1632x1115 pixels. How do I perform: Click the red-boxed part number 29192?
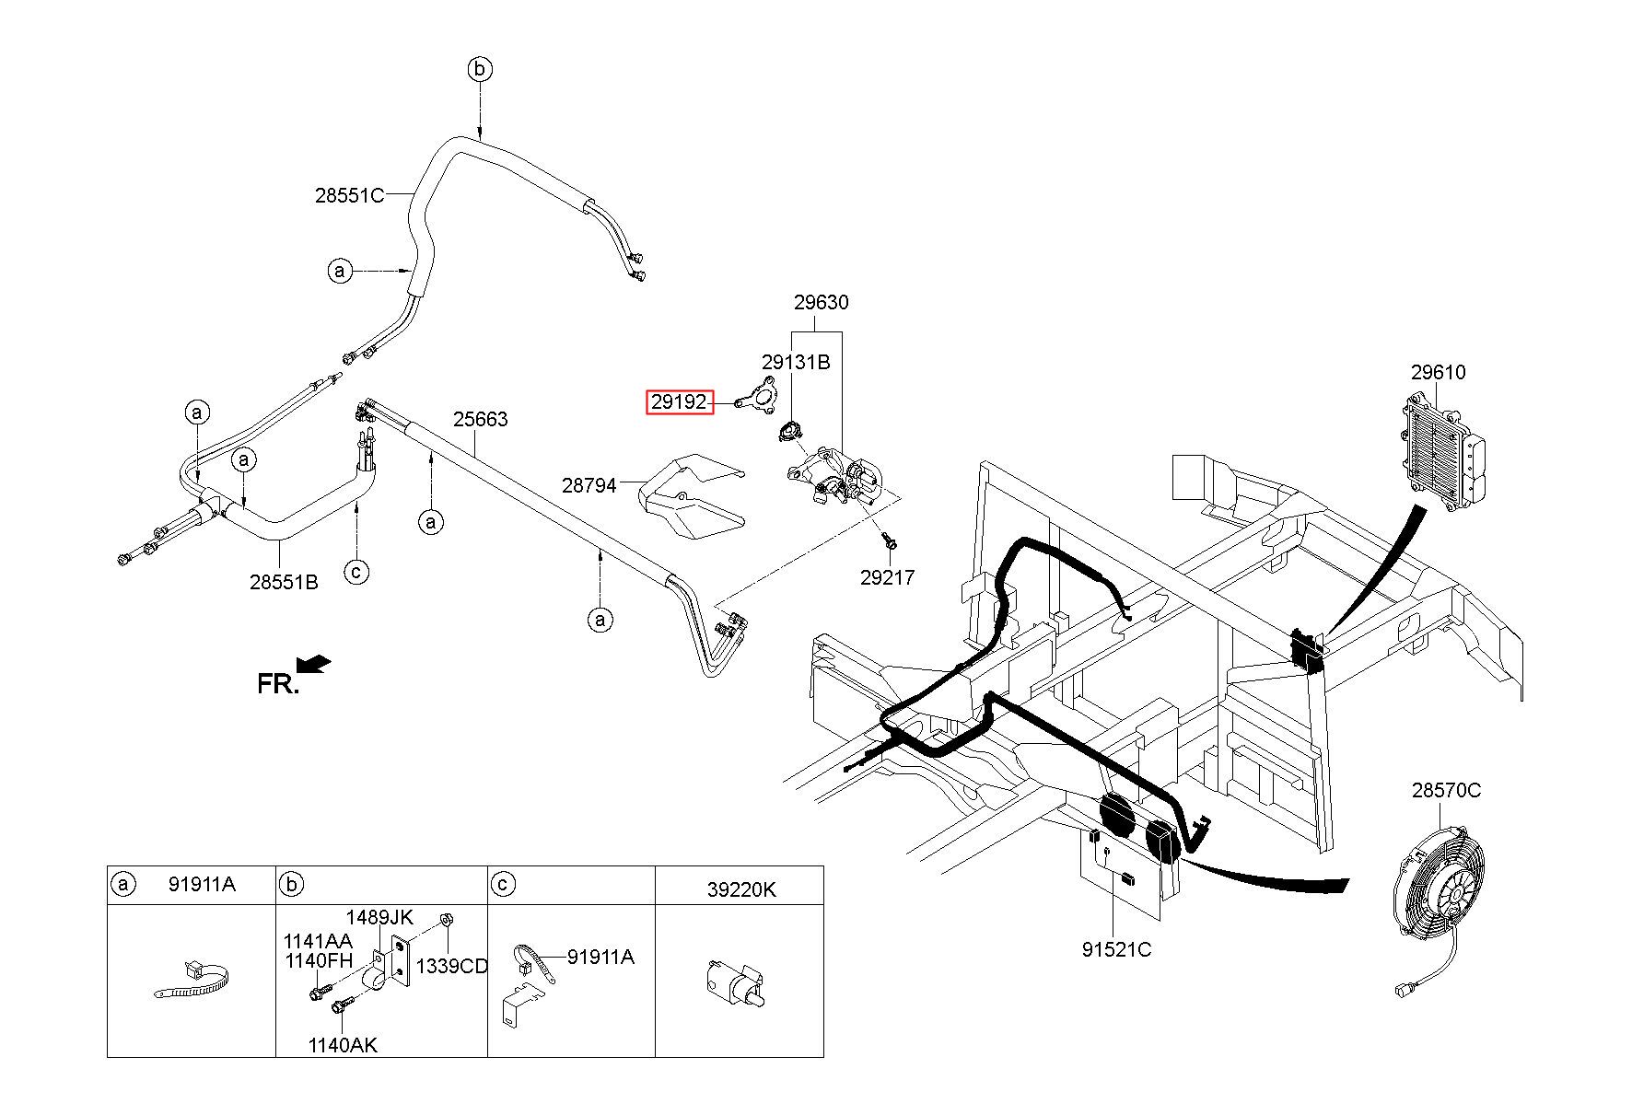click(680, 402)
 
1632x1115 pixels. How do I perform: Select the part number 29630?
click(821, 302)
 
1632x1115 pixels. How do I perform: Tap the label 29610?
click(1438, 372)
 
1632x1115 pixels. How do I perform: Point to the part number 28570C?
click(1446, 790)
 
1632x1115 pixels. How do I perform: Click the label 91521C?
click(1116, 949)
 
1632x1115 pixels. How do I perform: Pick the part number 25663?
click(480, 419)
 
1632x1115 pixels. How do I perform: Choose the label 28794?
click(589, 484)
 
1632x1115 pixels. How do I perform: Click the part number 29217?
click(887, 577)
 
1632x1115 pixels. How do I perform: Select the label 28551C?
click(349, 195)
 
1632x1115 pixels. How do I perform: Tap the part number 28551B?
click(284, 582)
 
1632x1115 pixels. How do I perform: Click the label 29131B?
click(795, 362)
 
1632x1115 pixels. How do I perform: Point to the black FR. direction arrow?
click(313, 663)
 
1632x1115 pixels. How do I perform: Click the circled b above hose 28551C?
click(480, 69)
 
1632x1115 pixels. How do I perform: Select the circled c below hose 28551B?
click(356, 572)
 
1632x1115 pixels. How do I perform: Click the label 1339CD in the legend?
click(451, 966)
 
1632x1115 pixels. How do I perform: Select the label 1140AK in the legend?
click(342, 1045)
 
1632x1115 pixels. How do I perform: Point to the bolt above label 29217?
click(889, 541)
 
